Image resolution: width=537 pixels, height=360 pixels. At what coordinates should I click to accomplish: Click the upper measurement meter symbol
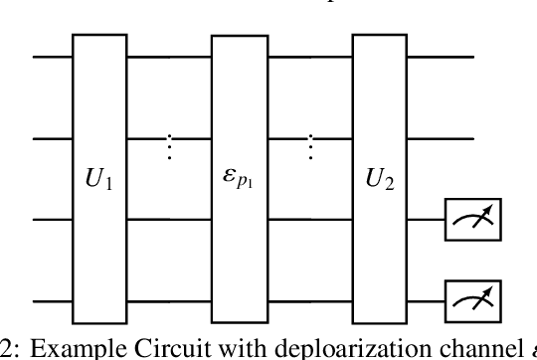473,220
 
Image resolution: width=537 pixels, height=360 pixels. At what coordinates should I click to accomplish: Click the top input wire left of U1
53,59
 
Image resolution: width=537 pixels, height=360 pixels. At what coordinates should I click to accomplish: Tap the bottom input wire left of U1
53,298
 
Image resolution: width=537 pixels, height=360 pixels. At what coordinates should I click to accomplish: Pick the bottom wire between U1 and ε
171,298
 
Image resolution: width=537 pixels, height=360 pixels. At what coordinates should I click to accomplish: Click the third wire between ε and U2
312,219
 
